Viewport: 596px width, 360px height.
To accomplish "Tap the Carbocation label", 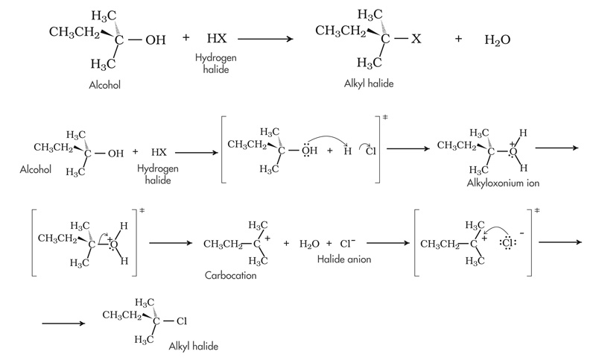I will (230, 275).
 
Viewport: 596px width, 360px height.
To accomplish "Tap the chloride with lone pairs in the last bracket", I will (505, 243).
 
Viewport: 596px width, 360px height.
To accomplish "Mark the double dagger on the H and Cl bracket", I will (386, 118).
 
